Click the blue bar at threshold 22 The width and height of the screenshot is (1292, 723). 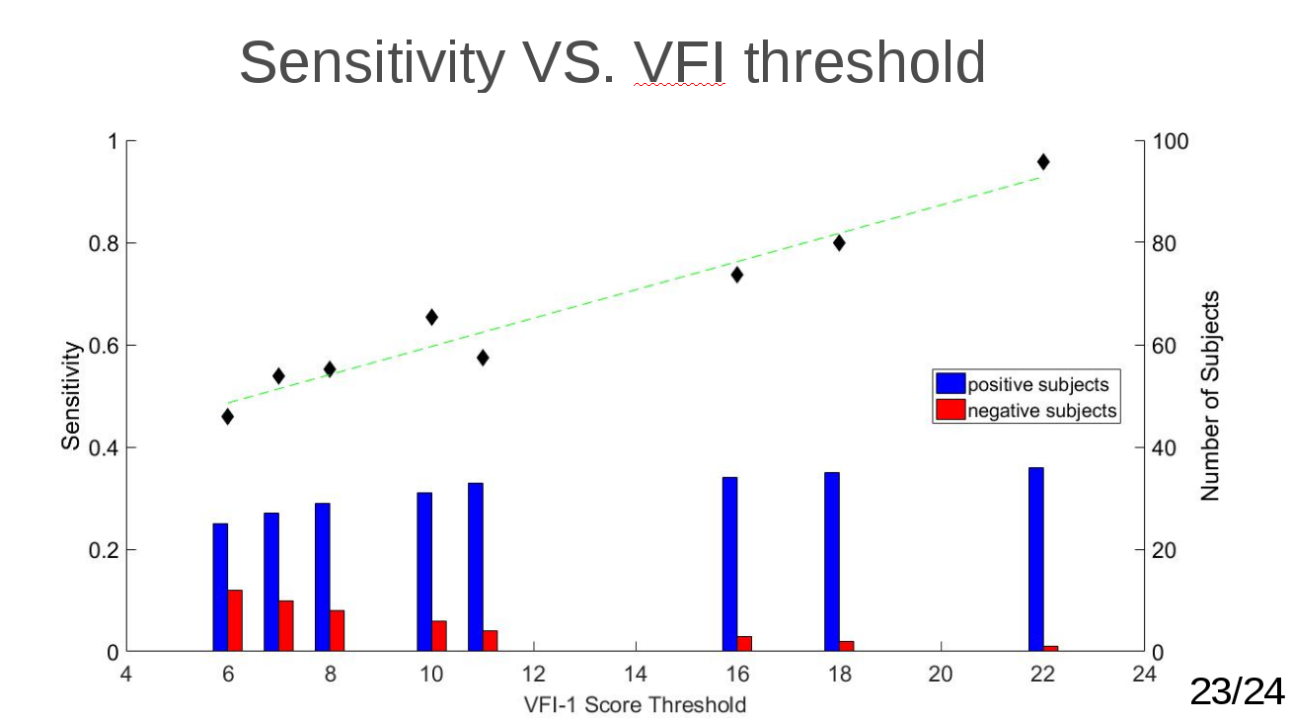pyautogui.click(x=1035, y=559)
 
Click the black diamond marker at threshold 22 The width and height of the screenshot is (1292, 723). pyautogui.click(x=1043, y=162)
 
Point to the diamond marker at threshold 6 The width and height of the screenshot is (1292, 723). pyautogui.click(x=228, y=417)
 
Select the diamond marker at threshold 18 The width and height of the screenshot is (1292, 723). pyautogui.click(x=839, y=243)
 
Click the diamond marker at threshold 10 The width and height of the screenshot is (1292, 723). pyautogui.click(x=431, y=317)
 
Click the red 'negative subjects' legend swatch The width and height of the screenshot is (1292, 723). pyautogui.click(x=950, y=410)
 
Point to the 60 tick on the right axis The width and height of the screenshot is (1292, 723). pyautogui.click(x=1166, y=346)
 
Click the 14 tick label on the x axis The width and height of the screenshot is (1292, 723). pyautogui.click(x=636, y=675)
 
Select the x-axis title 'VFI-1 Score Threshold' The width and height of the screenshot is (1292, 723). pyautogui.click(x=635, y=704)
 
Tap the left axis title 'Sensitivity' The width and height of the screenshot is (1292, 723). pyautogui.click(x=71, y=395)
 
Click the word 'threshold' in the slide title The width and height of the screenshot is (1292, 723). pyautogui.click(x=865, y=63)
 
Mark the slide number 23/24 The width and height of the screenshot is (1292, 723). pyautogui.click(x=1237, y=692)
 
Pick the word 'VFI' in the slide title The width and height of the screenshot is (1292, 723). pyautogui.click(x=680, y=63)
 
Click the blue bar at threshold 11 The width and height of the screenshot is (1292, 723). pyautogui.click(x=475, y=567)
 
